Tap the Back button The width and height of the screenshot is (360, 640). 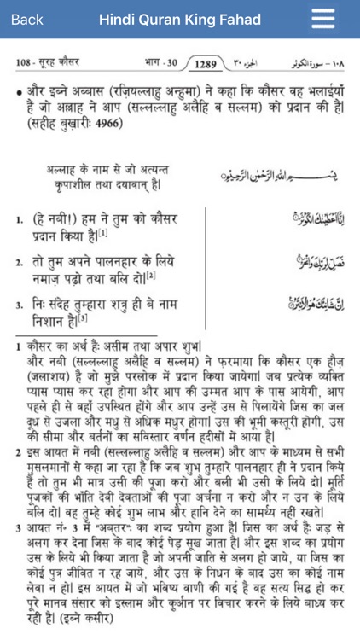[x=26, y=20]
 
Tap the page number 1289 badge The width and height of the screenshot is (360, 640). [x=207, y=64]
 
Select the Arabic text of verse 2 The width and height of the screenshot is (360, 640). [x=313, y=263]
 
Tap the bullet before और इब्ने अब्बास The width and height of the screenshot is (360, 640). [x=19, y=89]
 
